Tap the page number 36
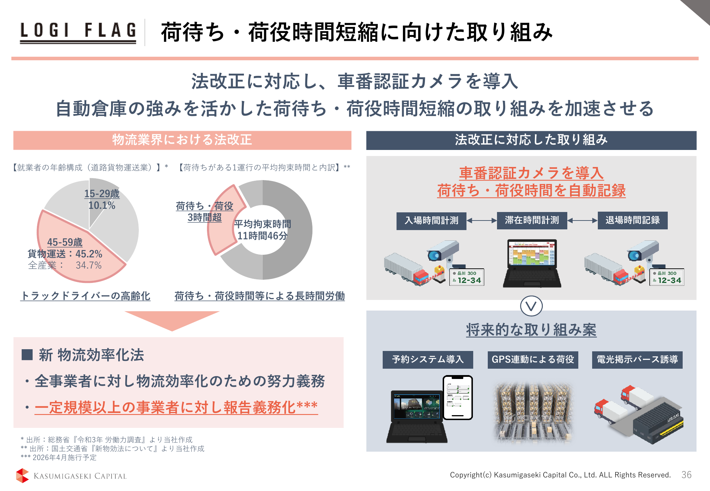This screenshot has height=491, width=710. click(x=686, y=475)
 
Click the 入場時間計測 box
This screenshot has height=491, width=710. click(x=431, y=221)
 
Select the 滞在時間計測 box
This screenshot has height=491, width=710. click(x=532, y=221)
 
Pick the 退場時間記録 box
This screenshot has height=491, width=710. click(x=633, y=221)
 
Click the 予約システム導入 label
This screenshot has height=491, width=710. click(x=428, y=359)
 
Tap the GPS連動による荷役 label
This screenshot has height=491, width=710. click(x=533, y=360)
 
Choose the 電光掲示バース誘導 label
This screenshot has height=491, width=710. click(x=637, y=360)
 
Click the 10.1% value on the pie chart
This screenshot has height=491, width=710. click(x=102, y=205)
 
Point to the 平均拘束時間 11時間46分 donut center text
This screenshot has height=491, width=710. click(x=262, y=230)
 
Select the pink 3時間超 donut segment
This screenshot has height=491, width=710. click(x=225, y=220)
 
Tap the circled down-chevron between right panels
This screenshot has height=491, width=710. click(x=531, y=306)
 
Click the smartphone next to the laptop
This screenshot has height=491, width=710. click(x=458, y=397)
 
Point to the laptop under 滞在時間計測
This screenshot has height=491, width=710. click(x=532, y=263)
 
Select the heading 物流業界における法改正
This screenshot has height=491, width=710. click(x=182, y=140)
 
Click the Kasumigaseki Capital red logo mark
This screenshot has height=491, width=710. click(x=22, y=475)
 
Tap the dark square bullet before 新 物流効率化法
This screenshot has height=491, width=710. click(x=27, y=355)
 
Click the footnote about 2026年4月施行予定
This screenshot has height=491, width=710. click(x=59, y=457)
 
